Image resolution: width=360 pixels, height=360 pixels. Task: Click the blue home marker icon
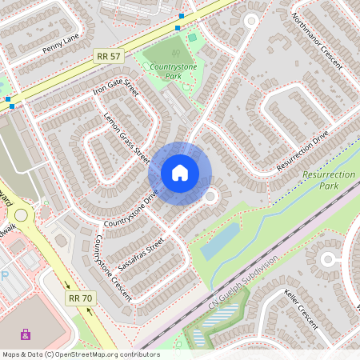pos(180,172)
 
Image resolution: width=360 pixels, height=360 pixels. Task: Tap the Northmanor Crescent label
pos(317,39)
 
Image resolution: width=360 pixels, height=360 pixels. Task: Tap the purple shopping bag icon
pos(26,334)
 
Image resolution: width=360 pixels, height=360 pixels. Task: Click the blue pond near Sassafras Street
pos(219,241)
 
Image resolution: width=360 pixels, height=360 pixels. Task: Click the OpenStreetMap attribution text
pos(80,354)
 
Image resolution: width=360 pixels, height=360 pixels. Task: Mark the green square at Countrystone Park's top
pos(192,37)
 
